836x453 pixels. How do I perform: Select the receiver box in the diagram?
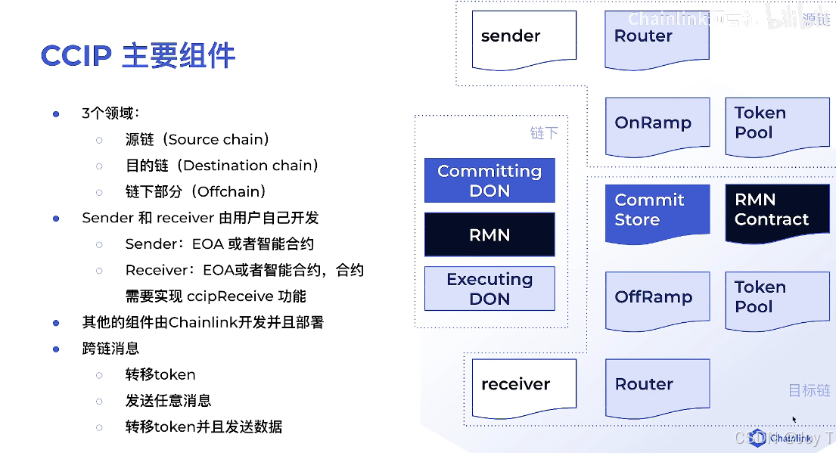coord(524,386)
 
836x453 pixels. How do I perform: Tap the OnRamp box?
coord(657,125)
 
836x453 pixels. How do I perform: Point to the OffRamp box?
coord(657,299)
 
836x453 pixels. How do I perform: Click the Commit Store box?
coord(657,211)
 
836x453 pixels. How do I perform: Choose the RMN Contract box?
coord(777,211)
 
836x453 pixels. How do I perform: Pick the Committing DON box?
coord(489,181)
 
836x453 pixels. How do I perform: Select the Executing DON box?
coord(489,289)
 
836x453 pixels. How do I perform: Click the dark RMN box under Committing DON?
coord(489,234)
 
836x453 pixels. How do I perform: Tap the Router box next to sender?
coord(657,38)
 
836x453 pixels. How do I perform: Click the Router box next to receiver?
coord(657,386)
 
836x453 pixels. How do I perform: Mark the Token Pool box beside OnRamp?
coord(777,124)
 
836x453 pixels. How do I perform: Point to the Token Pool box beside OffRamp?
coord(777,298)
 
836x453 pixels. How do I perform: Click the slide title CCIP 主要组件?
coord(138,56)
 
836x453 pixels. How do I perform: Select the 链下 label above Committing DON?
coord(544,134)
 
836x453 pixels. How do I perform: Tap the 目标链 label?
coord(810,390)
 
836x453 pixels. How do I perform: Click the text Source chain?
coord(217,140)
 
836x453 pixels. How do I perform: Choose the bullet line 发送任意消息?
coord(168,401)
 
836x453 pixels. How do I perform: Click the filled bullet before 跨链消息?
coord(56,349)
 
